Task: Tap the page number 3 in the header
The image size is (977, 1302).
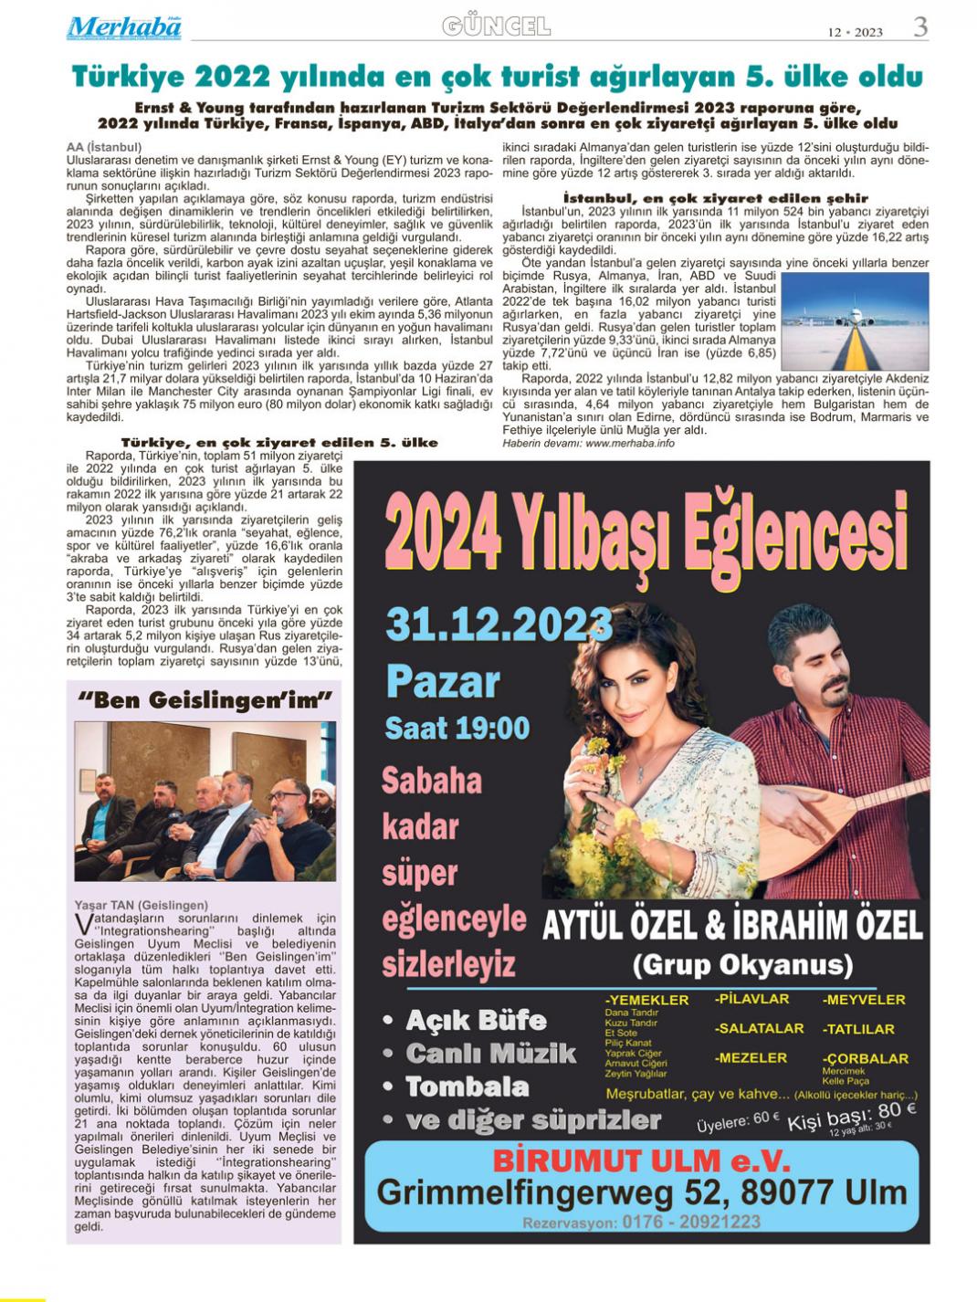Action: (x=920, y=27)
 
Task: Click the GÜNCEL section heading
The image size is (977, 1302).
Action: (x=497, y=26)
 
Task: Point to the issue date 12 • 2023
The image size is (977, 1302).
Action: (x=856, y=32)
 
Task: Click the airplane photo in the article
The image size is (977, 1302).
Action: (x=855, y=320)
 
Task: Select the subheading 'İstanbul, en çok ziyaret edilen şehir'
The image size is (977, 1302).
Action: (x=716, y=197)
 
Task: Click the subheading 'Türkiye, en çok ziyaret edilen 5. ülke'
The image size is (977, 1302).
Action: (x=279, y=442)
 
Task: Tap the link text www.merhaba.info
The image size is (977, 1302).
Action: (x=630, y=443)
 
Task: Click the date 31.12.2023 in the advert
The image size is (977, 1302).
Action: (x=499, y=625)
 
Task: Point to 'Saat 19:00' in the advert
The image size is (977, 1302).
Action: (x=457, y=728)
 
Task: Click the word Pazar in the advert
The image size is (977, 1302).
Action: (x=443, y=681)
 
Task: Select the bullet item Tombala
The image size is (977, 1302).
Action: (x=467, y=1087)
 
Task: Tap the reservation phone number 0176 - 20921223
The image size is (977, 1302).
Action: (x=690, y=1222)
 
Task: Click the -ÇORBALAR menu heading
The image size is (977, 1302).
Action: (x=866, y=1058)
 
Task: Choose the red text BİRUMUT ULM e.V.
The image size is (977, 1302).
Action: (x=641, y=1160)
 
